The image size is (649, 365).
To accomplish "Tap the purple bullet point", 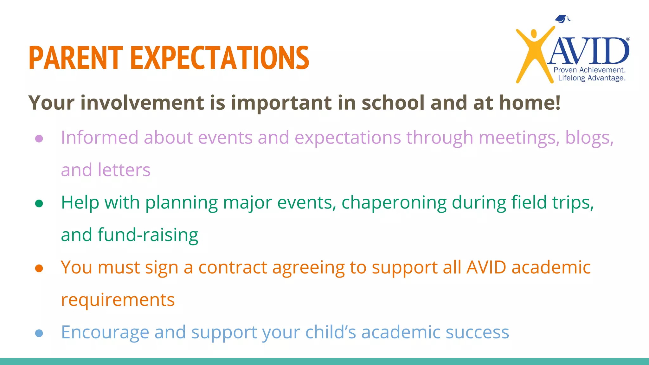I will click(39, 139).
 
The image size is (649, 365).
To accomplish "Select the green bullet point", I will click(39, 203).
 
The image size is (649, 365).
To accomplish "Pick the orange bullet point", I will click(39, 268).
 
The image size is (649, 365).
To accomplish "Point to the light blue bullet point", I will click(39, 333).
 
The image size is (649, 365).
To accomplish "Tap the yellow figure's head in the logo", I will click(534, 34).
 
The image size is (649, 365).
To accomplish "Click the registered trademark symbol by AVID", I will click(628, 39).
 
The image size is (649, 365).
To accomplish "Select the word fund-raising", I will click(148, 235).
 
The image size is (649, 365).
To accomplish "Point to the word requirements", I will click(118, 300).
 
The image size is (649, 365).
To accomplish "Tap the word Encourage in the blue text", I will click(105, 332).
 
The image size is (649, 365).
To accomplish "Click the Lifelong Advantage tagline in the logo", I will click(591, 78).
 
